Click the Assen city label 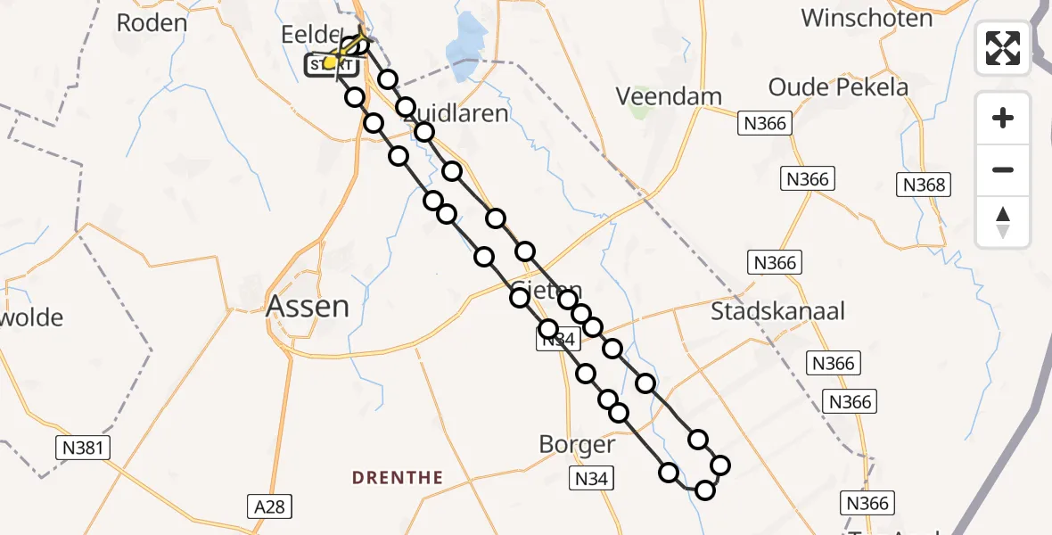tap(308, 307)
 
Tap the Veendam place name tap(669, 96)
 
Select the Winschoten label tap(867, 18)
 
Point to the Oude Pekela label tap(838, 87)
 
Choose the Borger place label tap(577, 444)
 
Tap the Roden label tap(152, 22)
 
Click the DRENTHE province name tap(398, 478)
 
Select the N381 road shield tap(81, 448)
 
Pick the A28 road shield tap(269, 506)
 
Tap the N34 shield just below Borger tap(591, 480)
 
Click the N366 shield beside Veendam tap(764, 124)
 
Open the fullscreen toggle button tap(1003, 48)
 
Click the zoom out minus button tap(1003, 169)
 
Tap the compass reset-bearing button tap(1003, 222)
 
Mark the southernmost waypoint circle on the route tap(705, 490)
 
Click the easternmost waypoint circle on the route tap(720, 465)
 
